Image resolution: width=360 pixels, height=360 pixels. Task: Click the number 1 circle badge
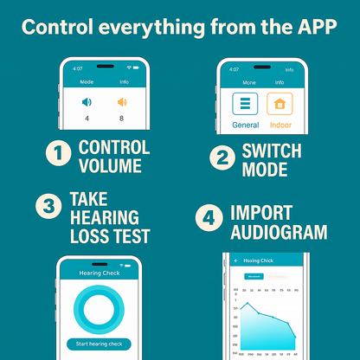point(58,156)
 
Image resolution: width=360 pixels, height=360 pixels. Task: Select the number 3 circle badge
point(47,206)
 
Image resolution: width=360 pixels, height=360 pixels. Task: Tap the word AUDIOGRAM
point(279,232)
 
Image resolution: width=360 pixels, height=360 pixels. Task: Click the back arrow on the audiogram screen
point(235,260)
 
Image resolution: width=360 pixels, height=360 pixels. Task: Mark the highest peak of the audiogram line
point(249,303)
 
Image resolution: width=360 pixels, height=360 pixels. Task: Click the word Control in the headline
point(60,27)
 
